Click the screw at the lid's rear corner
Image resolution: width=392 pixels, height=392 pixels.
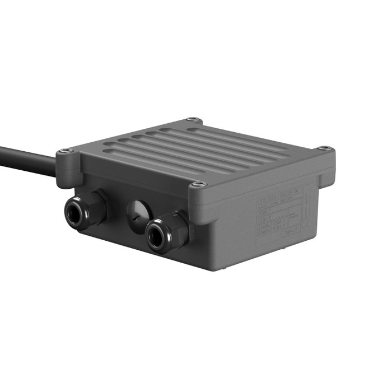193,119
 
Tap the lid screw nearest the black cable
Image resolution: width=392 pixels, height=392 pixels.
66,151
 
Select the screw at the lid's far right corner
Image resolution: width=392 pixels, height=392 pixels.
324,148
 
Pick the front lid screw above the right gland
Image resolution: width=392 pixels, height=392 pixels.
199,184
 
